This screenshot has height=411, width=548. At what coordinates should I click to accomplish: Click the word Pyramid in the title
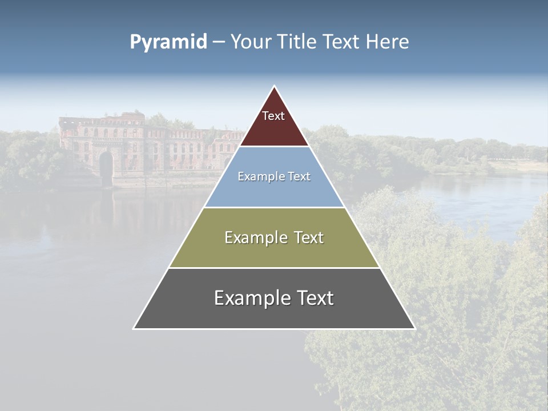(168, 42)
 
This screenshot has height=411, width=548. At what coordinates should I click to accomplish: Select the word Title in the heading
(297, 42)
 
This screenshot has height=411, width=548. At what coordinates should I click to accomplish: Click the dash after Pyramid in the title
(219, 42)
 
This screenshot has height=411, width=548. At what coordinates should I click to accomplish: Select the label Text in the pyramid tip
(273, 116)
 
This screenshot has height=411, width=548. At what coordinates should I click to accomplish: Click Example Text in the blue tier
(274, 176)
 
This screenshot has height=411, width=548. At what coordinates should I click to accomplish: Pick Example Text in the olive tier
(274, 237)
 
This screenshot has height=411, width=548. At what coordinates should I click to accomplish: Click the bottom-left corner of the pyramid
(134, 328)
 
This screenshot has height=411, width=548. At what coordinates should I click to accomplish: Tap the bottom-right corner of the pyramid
(414, 328)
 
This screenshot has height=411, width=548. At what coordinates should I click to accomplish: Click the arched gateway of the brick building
(106, 166)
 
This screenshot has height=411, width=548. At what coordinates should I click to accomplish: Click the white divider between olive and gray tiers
(274, 268)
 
